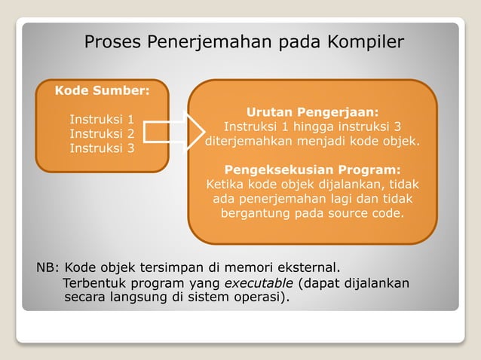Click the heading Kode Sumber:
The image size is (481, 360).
(102, 91)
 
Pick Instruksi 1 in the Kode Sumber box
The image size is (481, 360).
(102, 119)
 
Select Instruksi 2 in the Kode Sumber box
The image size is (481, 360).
(102, 133)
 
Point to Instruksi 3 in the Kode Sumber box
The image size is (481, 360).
(102, 148)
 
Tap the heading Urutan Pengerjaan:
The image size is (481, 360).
(312, 111)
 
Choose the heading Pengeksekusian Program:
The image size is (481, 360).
(312, 169)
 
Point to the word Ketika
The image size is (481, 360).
(225, 184)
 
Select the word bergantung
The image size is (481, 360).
(253, 213)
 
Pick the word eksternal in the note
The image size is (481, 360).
(311, 267)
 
